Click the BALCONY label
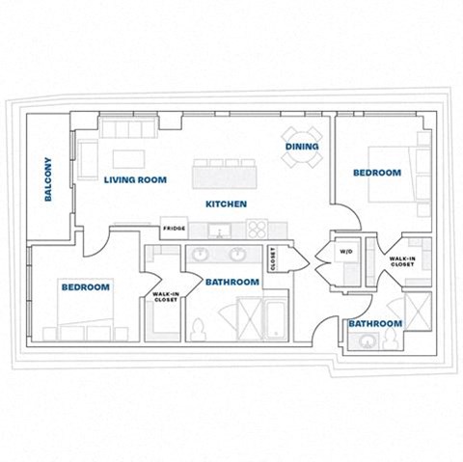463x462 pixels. click(47, 179)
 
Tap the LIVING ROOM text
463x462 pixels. click(135, 179)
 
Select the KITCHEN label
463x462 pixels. click(227, 204)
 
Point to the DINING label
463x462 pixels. click(302, 147)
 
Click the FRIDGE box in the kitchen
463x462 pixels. click(174, 229)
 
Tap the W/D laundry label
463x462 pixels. click(346, 252)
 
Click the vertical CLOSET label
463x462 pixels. click(273, 258)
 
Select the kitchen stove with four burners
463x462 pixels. click(258, 229)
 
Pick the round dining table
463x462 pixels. click(302, 135)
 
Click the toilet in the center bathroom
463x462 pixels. click(200, 330)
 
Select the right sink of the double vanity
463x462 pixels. click(237, 255)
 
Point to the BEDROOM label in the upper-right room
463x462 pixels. click(376, 173)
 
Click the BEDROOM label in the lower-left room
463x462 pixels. click(86, 287)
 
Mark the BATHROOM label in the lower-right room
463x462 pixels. click(374, 323)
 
